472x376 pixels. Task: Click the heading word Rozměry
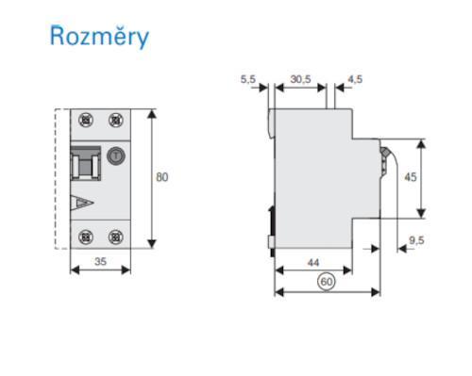98,37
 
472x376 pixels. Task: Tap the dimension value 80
162,177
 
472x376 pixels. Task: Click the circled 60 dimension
327,281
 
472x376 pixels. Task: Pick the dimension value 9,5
416,240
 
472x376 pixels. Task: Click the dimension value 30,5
300,80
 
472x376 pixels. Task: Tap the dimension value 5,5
248,80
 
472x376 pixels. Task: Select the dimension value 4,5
355,80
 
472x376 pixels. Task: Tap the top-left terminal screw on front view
87,121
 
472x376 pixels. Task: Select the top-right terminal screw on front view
115,121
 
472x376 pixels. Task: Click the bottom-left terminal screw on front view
87,237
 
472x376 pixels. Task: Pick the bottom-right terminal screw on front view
115,237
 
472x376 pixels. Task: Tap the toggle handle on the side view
386,156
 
